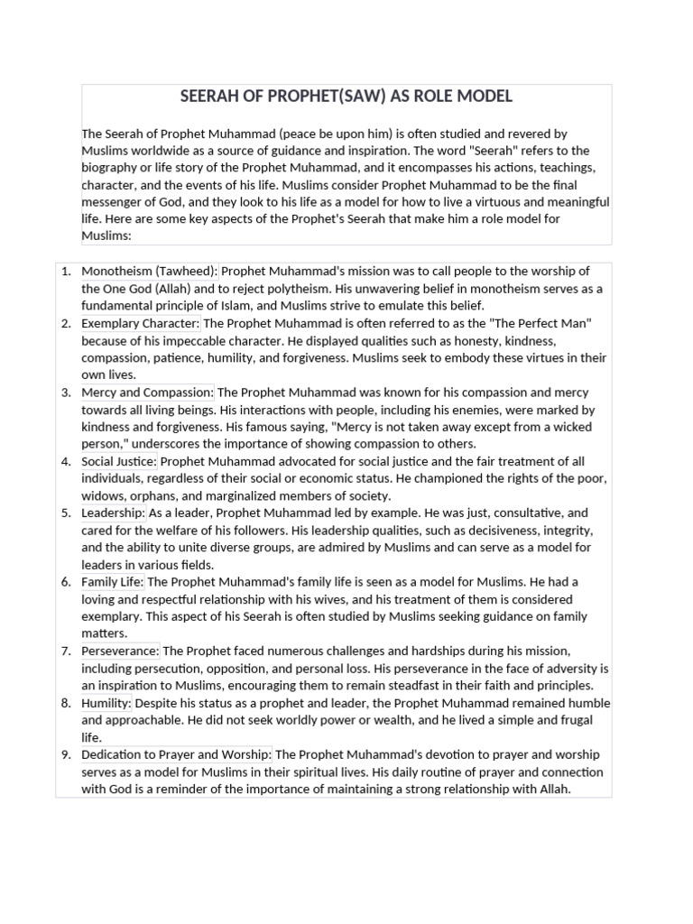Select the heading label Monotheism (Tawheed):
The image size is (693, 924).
coord(150,271)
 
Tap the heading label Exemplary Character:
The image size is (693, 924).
coord(141,323)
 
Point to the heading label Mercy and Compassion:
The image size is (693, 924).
coord(148,393)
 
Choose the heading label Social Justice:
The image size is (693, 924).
coord(119,462)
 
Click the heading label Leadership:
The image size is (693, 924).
coord(113,513)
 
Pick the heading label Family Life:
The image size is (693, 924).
coord(113,582)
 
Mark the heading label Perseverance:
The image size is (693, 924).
coord(120,651)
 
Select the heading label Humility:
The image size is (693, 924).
coord(106,703)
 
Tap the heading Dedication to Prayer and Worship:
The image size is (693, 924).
coord(177,754)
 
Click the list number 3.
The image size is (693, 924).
coord(66,393)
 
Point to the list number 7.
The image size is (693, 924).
coord(66,651)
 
